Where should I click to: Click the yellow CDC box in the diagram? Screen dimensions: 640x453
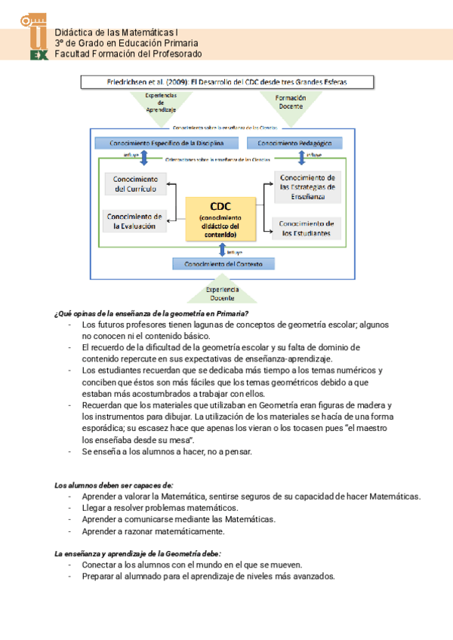click(x=220, y=218)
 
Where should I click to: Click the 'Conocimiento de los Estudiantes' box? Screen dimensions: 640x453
click(x=306, y=228)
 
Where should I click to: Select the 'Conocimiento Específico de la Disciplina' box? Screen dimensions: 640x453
click(x=166, y=143)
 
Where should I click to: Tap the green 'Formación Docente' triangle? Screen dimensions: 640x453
click(x=291, y=102)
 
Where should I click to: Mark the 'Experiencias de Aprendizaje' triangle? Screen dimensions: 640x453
click(x=160, y=102)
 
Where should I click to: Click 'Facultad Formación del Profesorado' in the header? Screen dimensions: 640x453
click(x=128, y=54)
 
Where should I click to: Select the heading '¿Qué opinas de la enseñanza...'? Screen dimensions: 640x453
click(x=152, y=313)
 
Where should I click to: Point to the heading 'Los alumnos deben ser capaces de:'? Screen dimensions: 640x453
click(x=114, y=485)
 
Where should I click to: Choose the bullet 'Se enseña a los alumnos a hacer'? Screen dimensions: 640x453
click(x=167, y=451)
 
